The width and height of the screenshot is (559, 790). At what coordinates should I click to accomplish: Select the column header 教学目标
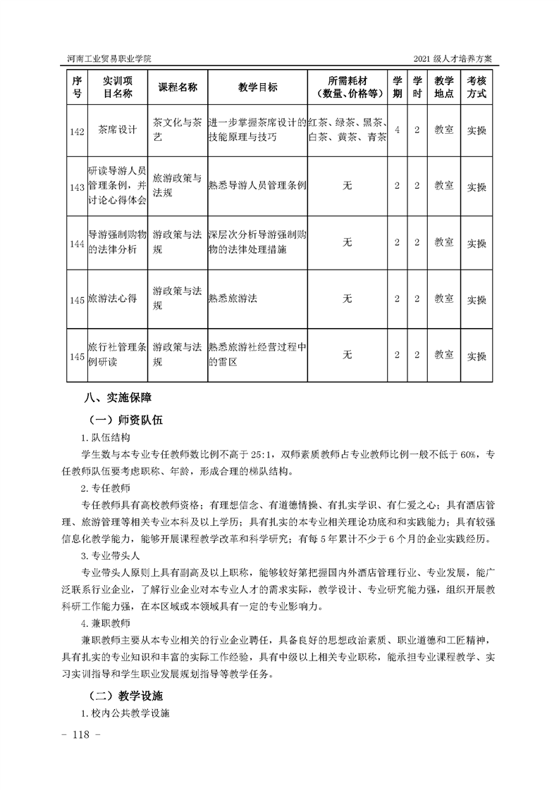[257, 87]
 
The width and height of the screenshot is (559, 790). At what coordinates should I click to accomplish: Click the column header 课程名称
[178, 87]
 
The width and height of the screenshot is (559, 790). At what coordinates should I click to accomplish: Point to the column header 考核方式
[477, 87]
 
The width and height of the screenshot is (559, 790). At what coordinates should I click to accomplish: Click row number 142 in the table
[78, 131]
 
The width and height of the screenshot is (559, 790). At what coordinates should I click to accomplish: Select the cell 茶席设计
[117, 130]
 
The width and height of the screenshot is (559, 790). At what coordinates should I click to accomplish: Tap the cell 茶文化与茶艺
[178, 130]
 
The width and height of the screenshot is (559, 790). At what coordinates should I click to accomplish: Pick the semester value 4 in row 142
[398, 130]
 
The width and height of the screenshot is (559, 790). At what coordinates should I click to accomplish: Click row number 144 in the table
[78, 244]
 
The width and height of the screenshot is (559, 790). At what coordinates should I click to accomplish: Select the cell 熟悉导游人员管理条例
[257, 186]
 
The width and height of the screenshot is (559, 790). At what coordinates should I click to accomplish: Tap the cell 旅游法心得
[113, 299]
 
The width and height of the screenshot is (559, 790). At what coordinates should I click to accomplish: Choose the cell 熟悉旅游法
[233, 299]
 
